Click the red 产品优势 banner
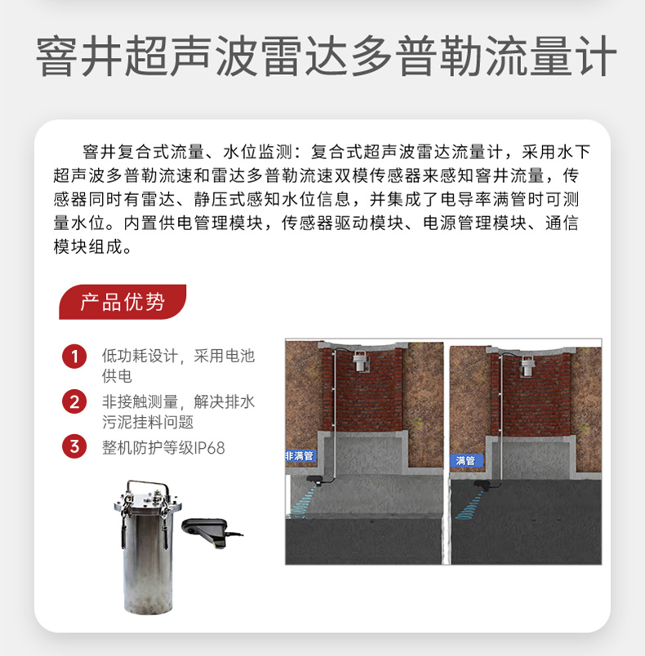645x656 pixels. [x=122, y=302]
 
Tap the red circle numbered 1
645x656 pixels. [x=74, y=357]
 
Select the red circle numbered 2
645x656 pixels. [x=74, y=401]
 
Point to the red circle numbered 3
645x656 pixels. [x=74, y=446]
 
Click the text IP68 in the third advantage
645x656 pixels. [x=210, y=448]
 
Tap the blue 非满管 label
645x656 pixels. [x=300, y=455]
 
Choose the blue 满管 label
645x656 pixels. [x=466, y=461]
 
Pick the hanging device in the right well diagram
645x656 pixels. [x=527, y=366]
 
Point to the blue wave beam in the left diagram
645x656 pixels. [x=304, y=499]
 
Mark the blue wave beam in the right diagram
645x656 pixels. [x=469, y=504]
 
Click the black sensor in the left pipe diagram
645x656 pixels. [x=316, y=481]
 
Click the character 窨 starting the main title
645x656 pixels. [x=56, y=56]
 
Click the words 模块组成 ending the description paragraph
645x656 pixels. [x=88, y=247]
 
